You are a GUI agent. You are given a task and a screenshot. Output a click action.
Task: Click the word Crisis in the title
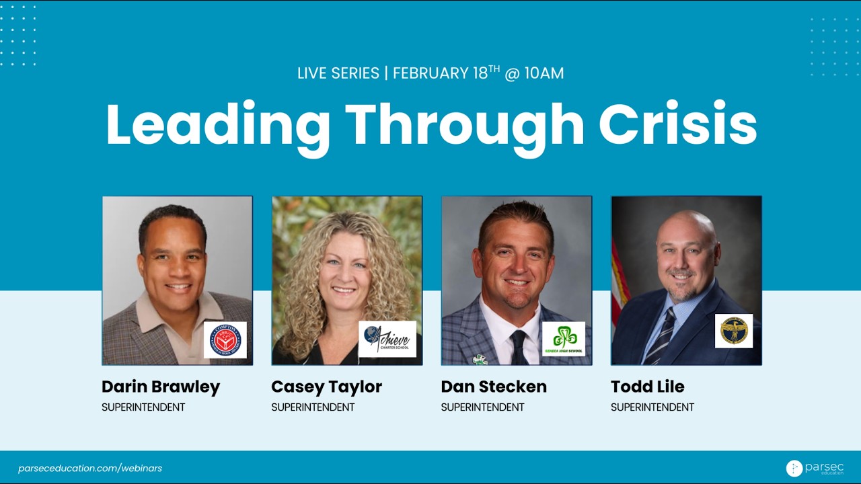click(677, 125)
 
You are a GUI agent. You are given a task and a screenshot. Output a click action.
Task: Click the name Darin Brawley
click(161, 387)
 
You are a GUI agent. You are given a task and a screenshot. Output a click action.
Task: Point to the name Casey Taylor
click(326, 387)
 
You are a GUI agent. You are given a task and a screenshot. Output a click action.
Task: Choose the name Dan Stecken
click(494, 387)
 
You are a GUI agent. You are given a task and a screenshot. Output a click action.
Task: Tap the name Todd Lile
click(647, 387)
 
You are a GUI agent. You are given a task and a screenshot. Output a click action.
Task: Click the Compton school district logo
click(225, 339)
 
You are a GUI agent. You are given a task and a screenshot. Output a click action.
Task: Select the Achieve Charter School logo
click(387, 339)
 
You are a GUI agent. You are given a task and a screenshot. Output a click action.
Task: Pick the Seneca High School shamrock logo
click(564, 339)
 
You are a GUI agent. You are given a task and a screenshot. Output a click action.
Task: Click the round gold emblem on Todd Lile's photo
click(733, 331)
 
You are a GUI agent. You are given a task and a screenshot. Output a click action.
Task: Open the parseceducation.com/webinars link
click(90, 468)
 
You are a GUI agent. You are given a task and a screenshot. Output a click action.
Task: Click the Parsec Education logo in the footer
click(814, 468)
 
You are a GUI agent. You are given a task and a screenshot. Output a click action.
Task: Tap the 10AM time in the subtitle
click(543, 73)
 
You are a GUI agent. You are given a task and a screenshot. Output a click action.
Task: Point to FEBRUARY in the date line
click(430, 73)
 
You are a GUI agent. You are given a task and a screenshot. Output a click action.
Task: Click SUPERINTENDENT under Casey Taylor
click(313, 407)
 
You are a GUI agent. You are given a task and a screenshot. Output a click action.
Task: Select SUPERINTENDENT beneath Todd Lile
click(652, 407)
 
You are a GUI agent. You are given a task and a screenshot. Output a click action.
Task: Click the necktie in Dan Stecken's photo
click(519, 347)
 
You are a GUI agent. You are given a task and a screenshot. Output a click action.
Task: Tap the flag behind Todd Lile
click(619, 282)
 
